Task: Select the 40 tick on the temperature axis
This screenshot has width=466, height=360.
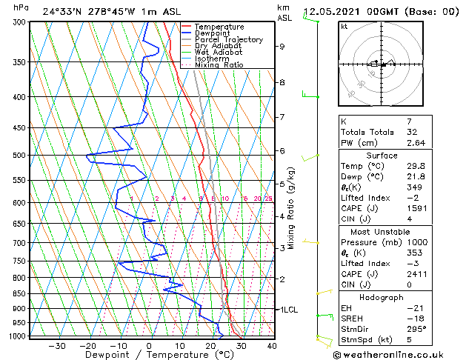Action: (x=271, y=345)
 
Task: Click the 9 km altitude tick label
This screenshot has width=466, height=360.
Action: (x=282, y=46)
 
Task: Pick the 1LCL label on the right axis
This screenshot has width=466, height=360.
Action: (x=287, y=310)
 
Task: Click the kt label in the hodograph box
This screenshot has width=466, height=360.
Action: (x=344, y=26)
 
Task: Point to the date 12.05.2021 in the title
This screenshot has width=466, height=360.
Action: (x=333, y=12)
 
